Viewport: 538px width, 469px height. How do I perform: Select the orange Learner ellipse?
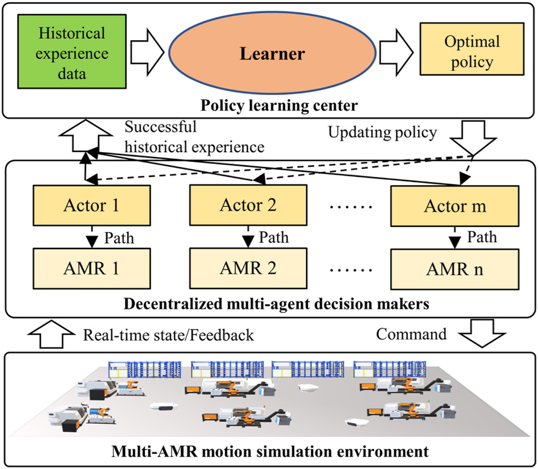click(272, 54)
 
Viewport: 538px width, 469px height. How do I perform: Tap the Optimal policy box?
click(464, 52)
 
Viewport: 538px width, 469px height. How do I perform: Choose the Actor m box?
click(454, 206)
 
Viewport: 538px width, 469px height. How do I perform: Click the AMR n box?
click(454, 268)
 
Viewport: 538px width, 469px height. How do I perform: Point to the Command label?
click(411, 334)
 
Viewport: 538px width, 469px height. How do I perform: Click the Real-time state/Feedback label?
click(168, 335)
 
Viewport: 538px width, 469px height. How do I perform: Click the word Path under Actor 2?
click(275, 237)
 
